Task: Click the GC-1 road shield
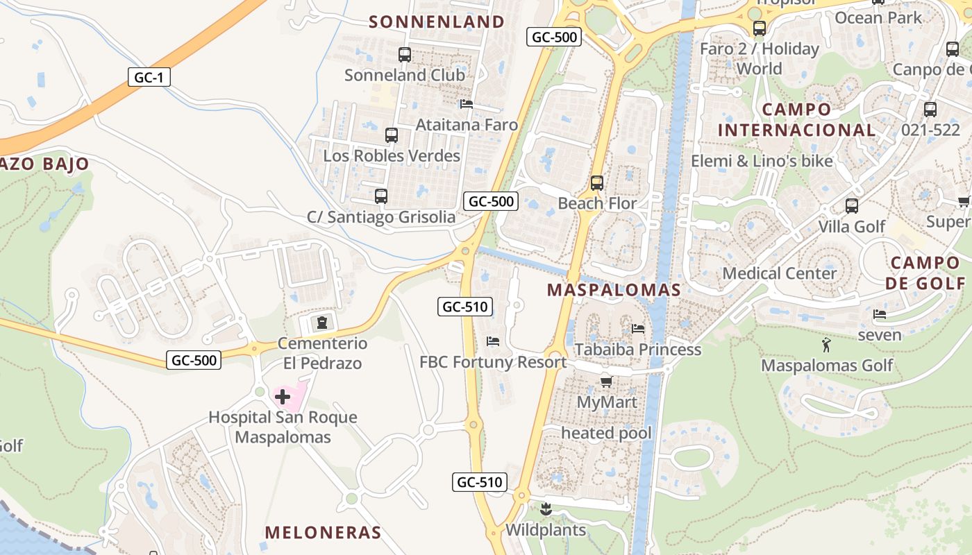click(149, 77)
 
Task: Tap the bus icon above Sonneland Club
click(405, 54)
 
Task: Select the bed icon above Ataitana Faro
click(467, 104)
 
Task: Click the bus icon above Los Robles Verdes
click(392, 135)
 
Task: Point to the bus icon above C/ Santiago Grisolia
click(380, 196)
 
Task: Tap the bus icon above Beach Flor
click(596, 183)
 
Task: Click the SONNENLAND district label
click(437, 22)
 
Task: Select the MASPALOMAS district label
click(614, 290)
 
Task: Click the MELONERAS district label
click(323, 533)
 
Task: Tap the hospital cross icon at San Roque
click(283, 397)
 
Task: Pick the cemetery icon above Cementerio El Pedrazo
click(322, 323)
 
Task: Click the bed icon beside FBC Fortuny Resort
click(493, 341)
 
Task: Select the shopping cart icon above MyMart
click(606, 382)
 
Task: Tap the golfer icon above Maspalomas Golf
click(826, 345)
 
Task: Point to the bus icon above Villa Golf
click(852, 206)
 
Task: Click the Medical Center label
click(780, 273)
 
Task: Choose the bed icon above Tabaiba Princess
click(638, 328)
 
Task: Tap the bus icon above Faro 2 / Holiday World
click(760, 28)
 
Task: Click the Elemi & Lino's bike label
click(762, 161)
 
